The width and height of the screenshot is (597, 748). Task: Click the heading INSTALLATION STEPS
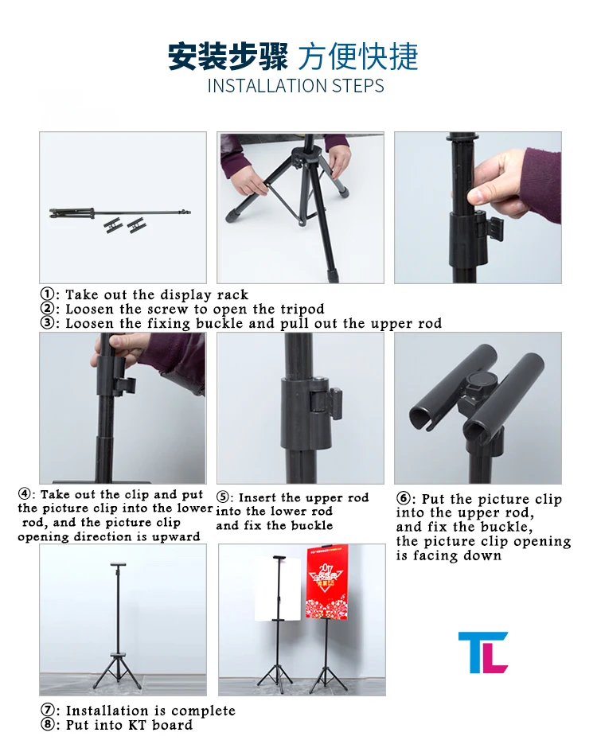point(295,86)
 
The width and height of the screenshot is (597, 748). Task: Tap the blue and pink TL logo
point(483,653)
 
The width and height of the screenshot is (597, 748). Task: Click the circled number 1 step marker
point(47,294)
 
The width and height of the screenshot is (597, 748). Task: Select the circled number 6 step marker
point(404,499)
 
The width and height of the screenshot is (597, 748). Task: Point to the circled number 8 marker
point(47,725)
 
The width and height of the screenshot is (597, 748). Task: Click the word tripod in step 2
point(302,310)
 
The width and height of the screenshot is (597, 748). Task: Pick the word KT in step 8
point(137,725)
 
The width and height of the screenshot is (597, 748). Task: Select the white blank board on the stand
point(277,589)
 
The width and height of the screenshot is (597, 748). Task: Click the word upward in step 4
point(176,536)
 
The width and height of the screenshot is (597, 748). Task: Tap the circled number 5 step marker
point(224,497)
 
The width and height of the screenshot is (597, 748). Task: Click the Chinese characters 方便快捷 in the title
point(358,56)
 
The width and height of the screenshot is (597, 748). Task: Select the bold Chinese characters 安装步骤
point(228,56)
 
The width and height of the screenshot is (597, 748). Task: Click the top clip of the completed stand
point(119,565)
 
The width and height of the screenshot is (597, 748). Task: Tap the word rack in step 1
point(232,294)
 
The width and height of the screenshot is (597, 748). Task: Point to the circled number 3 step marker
point(47,323)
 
